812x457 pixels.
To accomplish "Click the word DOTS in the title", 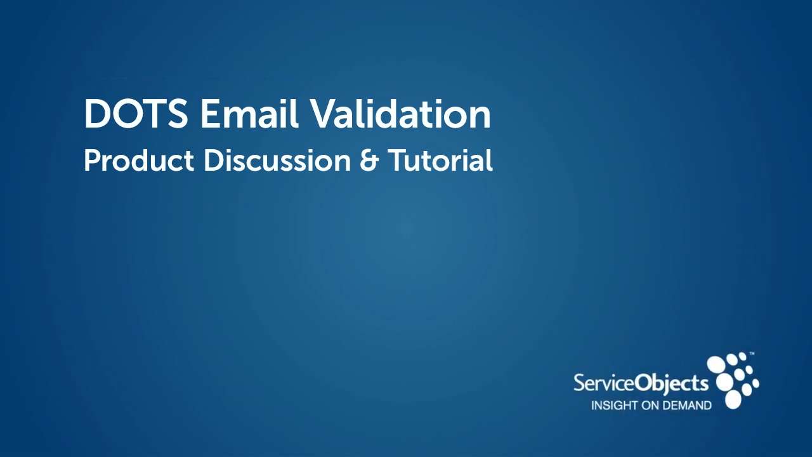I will [136, 114].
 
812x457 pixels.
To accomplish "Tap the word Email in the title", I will [249, 114].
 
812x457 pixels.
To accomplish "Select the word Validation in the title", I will [400, 114].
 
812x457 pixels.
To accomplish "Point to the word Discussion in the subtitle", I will [277, 161].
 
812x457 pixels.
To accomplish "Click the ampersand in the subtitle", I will [369, 161].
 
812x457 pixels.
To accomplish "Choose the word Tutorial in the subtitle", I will [440, 161].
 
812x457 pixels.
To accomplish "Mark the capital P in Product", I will [91, 161].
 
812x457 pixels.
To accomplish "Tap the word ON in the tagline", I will [651, 406].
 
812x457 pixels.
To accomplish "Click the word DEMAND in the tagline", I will [688, 406].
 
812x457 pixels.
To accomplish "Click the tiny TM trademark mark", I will [752, 353].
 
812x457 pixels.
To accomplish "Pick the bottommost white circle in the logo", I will [733, 399].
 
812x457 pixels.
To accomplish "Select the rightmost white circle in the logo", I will [755, 383].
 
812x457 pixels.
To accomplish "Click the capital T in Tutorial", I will [396, 161].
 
